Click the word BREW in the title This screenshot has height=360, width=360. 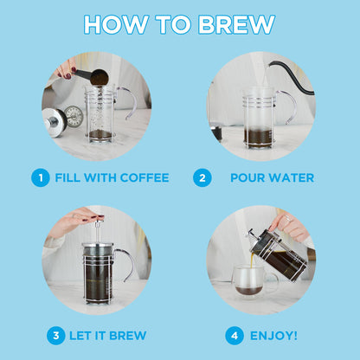click(x=236, y=24)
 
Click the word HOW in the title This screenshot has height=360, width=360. click(x=114, y=24)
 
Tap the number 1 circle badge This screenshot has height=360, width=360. click(x=40, y=178)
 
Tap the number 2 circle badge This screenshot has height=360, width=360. click(x=202, y=178)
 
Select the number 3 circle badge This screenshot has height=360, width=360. click(x=55, y=335)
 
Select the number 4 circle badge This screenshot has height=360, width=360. click(x=235, y=335)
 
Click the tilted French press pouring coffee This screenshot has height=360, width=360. click(x=279, y=253)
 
